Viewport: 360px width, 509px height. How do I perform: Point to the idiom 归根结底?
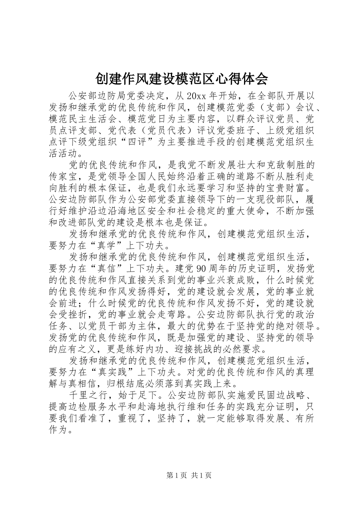(138, 383)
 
